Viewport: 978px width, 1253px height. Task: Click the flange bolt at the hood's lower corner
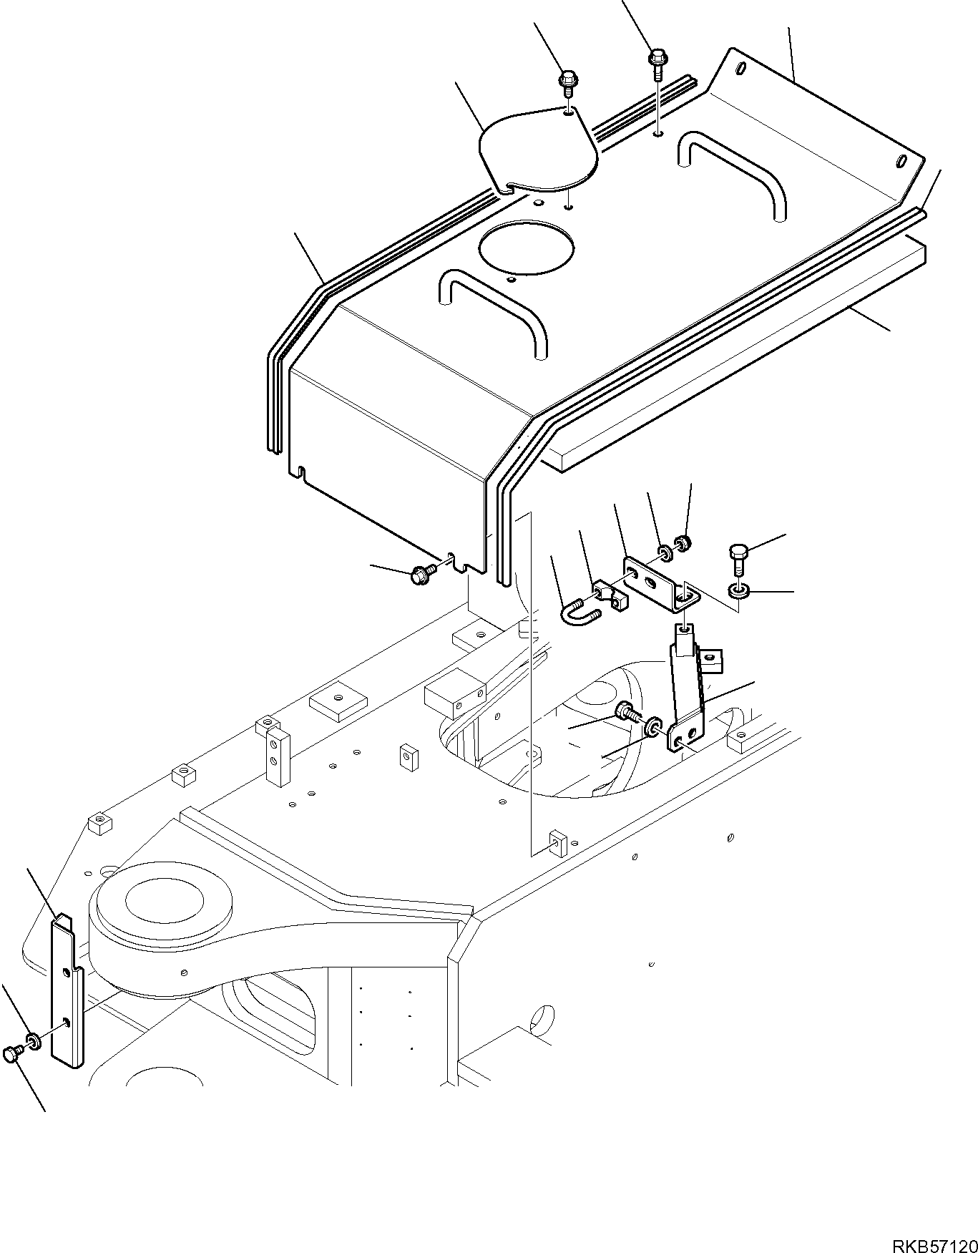point(421,574)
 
